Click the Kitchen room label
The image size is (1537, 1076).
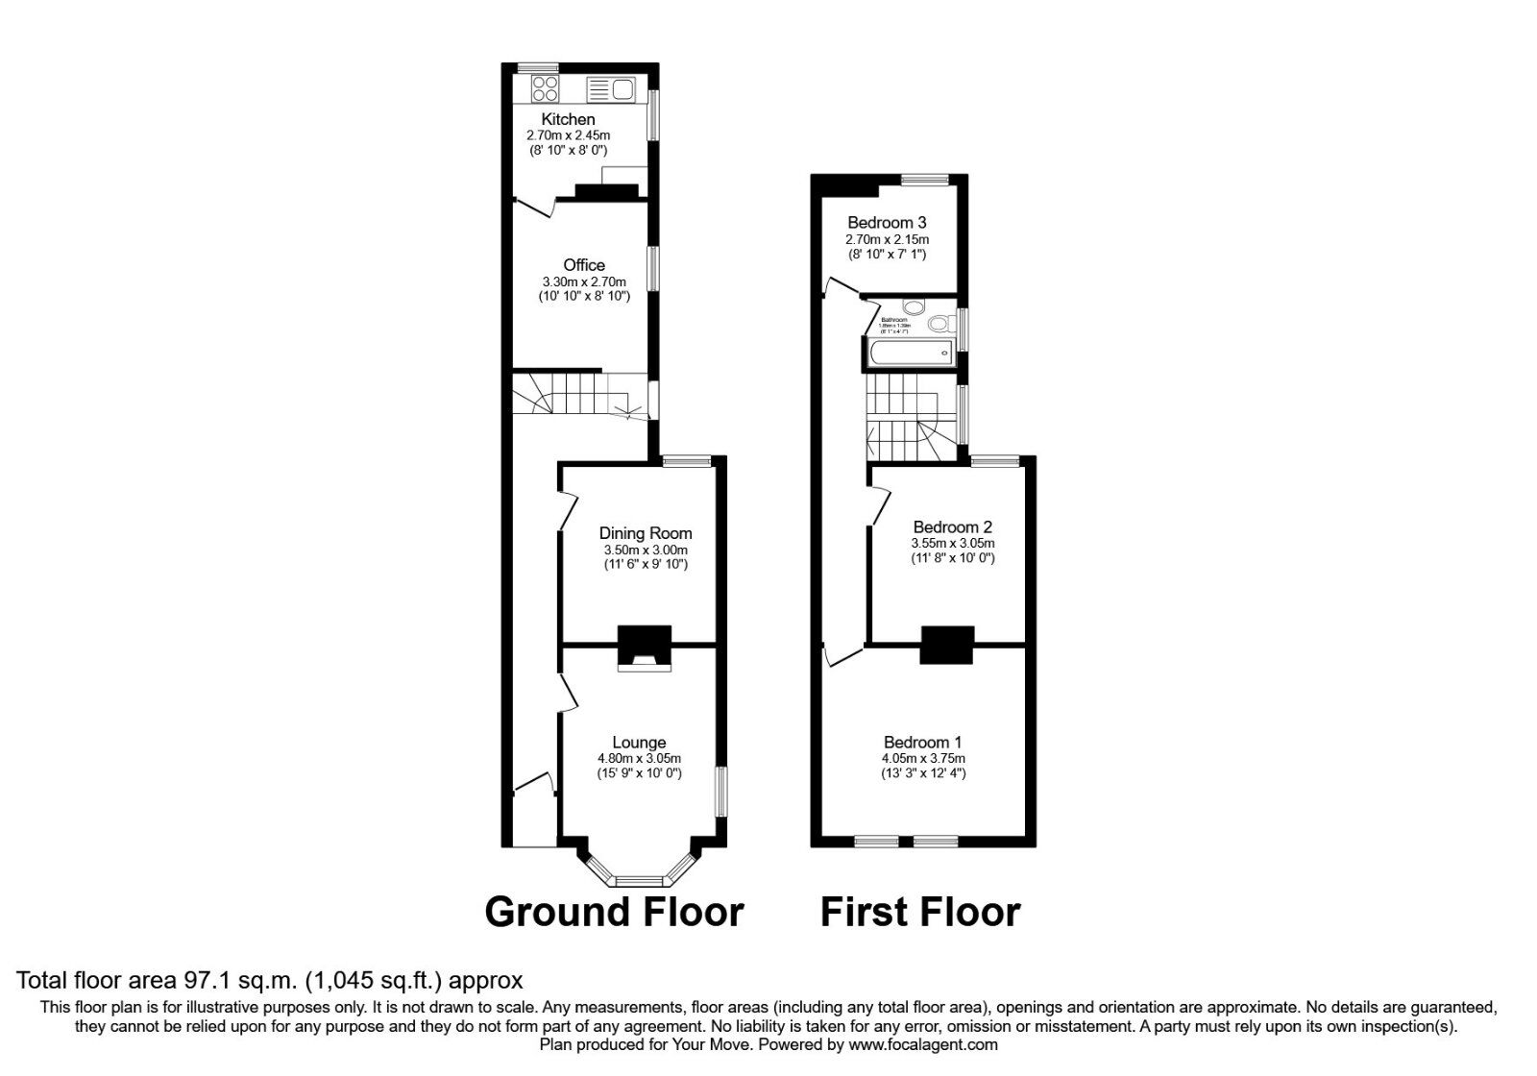point(568,119)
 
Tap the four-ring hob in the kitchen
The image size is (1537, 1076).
point(545,89)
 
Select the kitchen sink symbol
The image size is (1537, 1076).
point(610,90)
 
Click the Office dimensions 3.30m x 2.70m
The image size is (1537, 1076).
point(584,281)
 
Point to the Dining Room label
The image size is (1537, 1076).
point(645,533)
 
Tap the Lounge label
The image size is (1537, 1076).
point(639,743)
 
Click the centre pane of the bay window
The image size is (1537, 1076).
point(640,879)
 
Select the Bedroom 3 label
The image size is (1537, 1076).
point(887,223)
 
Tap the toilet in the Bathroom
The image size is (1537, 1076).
point(939,324)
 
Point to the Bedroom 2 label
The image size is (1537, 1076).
point(952,527)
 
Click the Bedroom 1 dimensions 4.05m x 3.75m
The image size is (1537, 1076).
point(923,758)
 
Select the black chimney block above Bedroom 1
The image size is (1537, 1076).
point(947,645)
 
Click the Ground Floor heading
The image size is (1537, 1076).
point(614,912)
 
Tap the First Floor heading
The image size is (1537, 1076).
point(919,912)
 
